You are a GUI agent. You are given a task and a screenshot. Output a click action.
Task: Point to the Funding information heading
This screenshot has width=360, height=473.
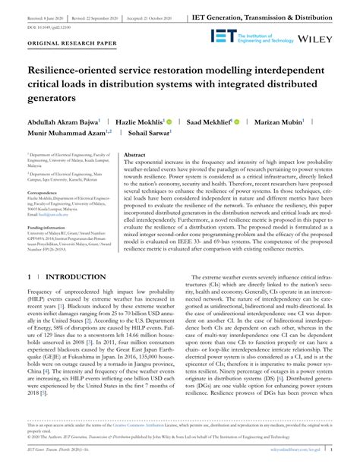(49, 227)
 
